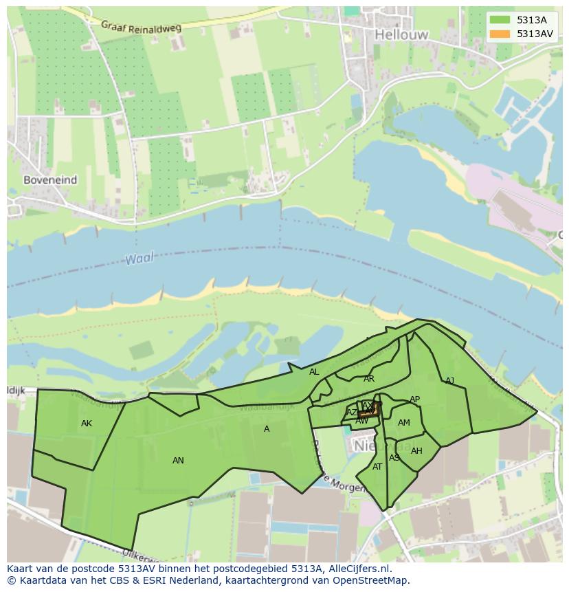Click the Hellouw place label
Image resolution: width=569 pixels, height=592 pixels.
(x=401, y=34)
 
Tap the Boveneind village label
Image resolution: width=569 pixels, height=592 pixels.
(x=50, y=180)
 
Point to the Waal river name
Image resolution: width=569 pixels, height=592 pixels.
(x=140, y=259)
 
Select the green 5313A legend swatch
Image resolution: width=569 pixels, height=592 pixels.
(x=500, y=20)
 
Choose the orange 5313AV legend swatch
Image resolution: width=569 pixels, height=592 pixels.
(x=500, y=34)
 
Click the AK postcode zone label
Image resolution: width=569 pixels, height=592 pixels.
(x=86, y=424)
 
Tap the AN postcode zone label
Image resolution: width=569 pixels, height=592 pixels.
(x=178, y=461)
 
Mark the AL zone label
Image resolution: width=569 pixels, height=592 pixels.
(x=314, y=372)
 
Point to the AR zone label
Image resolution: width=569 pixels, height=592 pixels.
(x=369, y=379)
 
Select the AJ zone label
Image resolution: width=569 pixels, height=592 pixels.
(x=450, y=381)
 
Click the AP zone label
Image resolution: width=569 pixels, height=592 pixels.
(x=414, y=399)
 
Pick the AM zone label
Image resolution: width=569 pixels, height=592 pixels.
(x=404, y=423)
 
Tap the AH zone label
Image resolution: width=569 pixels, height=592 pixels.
(x=416, y=451)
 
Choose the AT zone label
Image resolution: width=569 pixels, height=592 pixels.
(x=377, y=467)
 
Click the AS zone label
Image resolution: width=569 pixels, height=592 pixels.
(x=394, y=458)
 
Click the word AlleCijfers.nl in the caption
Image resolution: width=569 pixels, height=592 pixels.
(x=357, y=569)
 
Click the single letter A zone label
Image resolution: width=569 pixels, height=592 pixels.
(x=267, y=429)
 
